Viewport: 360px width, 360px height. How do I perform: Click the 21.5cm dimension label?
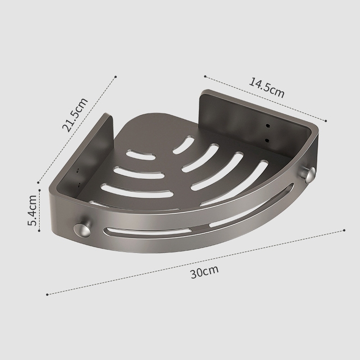pos(75,115)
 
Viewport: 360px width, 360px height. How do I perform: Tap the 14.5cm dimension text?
pos(267,88)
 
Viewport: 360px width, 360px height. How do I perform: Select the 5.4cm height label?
pos(32,210)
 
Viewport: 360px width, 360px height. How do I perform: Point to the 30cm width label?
pos(205,272)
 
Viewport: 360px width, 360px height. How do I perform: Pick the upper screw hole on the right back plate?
pos(267,126)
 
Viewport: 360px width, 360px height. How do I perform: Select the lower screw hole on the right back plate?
pos(267,140)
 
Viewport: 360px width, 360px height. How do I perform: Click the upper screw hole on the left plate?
pos(77,171)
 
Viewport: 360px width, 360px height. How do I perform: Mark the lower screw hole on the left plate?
pos(79,184)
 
